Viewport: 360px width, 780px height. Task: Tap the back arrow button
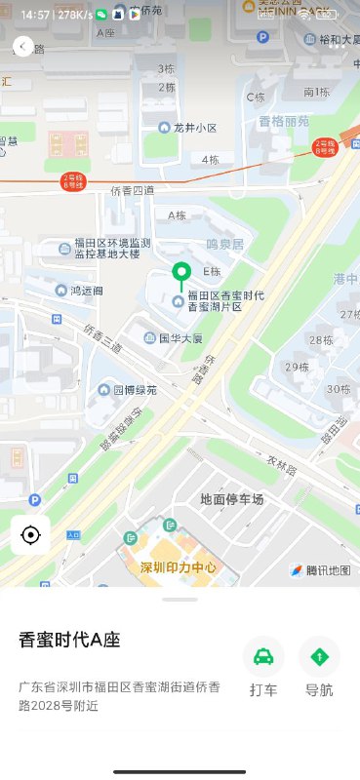(x=22, y=46)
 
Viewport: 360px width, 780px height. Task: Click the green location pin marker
(x=179, y=274)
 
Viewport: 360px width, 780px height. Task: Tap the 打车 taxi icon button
(x=263, y=657)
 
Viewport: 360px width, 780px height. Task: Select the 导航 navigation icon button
(x=319, y=657)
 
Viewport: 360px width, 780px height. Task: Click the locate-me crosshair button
(x=30, y=535)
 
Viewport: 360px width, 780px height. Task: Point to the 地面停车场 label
(x=231, y=499)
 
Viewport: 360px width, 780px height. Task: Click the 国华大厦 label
(x=180, y=338)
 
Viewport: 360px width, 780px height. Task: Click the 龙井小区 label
(x=194, y=128)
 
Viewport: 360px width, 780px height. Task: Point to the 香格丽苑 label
(x=283, y=122)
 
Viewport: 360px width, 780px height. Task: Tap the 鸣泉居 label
(x=223, y=243)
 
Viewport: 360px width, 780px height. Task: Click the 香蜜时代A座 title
(x=69, y=640)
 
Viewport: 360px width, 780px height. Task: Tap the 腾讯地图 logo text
(x=319, y=570)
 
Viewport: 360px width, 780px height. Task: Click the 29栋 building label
(x=297, y=367)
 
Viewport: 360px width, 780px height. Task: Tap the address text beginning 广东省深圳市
(x=113, y=697)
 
